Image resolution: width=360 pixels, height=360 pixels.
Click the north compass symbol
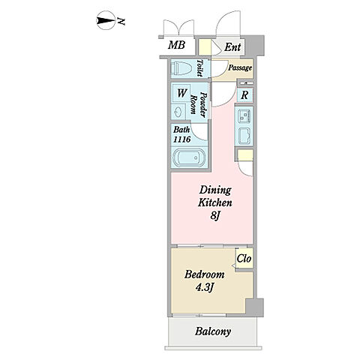(x=106, y=20)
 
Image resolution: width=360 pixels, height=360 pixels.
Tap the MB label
(x=176, y=45)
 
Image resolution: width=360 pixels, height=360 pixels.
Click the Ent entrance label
(x=232, y=46)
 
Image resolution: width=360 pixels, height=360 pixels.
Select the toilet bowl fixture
(x=181, y=67)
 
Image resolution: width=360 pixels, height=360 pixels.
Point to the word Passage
(x=240, y=67)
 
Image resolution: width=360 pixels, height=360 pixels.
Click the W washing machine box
(x=181, y=93)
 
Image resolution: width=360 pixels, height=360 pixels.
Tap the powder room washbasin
(x=178, y=112)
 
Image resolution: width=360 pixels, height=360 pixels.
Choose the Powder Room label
(x=199, y=104)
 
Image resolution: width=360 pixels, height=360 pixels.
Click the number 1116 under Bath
(x=182, y=139)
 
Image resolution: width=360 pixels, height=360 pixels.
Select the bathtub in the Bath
(x=189, y=158)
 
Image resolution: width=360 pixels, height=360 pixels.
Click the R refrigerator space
(x=244, y=95)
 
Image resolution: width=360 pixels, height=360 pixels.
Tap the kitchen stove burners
(x=244, y=115)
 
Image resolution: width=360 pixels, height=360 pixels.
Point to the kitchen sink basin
(x=244, y=136)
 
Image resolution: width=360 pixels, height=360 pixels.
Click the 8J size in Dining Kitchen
(x=215, y=215)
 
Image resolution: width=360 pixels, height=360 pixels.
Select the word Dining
(x=215, y=190)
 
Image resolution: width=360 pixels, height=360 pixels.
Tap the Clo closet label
(x=244, y=258)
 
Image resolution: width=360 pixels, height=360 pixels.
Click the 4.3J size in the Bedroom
(x=205, y=288)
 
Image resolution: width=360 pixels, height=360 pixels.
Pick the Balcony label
(x=213, y=331)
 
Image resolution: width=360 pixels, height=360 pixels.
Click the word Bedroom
(x=205, y=274)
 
